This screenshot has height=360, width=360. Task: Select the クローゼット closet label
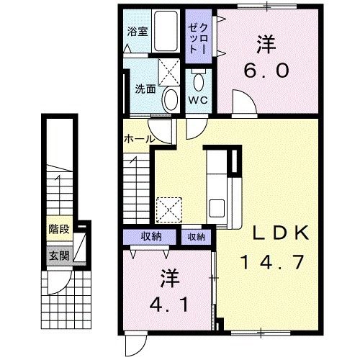tap(197, 37)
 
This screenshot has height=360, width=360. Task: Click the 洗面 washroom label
tap(145, 89)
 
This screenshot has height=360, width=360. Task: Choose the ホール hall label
tap(138, 138)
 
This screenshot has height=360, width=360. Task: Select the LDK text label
tap(280, 233)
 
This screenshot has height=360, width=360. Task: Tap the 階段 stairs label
tap(59, 230)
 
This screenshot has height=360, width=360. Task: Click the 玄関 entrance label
tap(59, 254)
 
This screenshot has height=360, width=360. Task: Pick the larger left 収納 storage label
tap(151, 236)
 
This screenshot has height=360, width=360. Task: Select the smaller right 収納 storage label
tap(197, 236)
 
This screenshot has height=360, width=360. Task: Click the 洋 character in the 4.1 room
tap(171, 276)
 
